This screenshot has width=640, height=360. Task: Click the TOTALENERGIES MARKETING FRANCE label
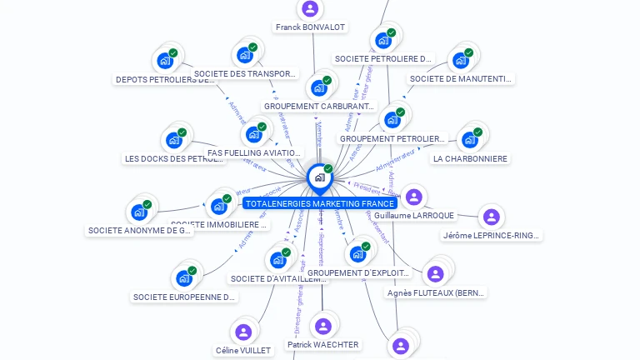[319, 203]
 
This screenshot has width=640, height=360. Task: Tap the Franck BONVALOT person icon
[310, 9]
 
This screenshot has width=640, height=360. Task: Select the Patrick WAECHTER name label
[322, 344]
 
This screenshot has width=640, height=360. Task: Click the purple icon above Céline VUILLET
[243, 332]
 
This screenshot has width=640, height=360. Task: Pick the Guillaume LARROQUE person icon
[413, 197]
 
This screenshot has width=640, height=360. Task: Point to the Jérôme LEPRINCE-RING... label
[492, 235]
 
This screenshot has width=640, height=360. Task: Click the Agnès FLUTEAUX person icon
[435, 273]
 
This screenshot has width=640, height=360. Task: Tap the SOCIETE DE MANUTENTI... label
[460, 79]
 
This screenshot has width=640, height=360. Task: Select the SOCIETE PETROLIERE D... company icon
[384, 40]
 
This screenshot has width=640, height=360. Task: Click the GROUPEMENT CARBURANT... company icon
[319, 87]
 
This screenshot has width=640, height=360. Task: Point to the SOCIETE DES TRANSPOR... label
[245, 73]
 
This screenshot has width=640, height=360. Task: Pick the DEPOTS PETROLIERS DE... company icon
[165, 61]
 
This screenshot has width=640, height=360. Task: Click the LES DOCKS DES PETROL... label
[173, 158]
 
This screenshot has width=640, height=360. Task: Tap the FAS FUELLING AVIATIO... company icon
[254, 134]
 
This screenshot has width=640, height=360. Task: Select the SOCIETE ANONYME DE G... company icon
[139, 212]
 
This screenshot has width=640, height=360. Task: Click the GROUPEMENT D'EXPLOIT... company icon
[358, 253]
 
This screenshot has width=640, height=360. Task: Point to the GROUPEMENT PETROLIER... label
[392, 138]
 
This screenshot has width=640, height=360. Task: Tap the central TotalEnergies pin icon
[318, 177]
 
